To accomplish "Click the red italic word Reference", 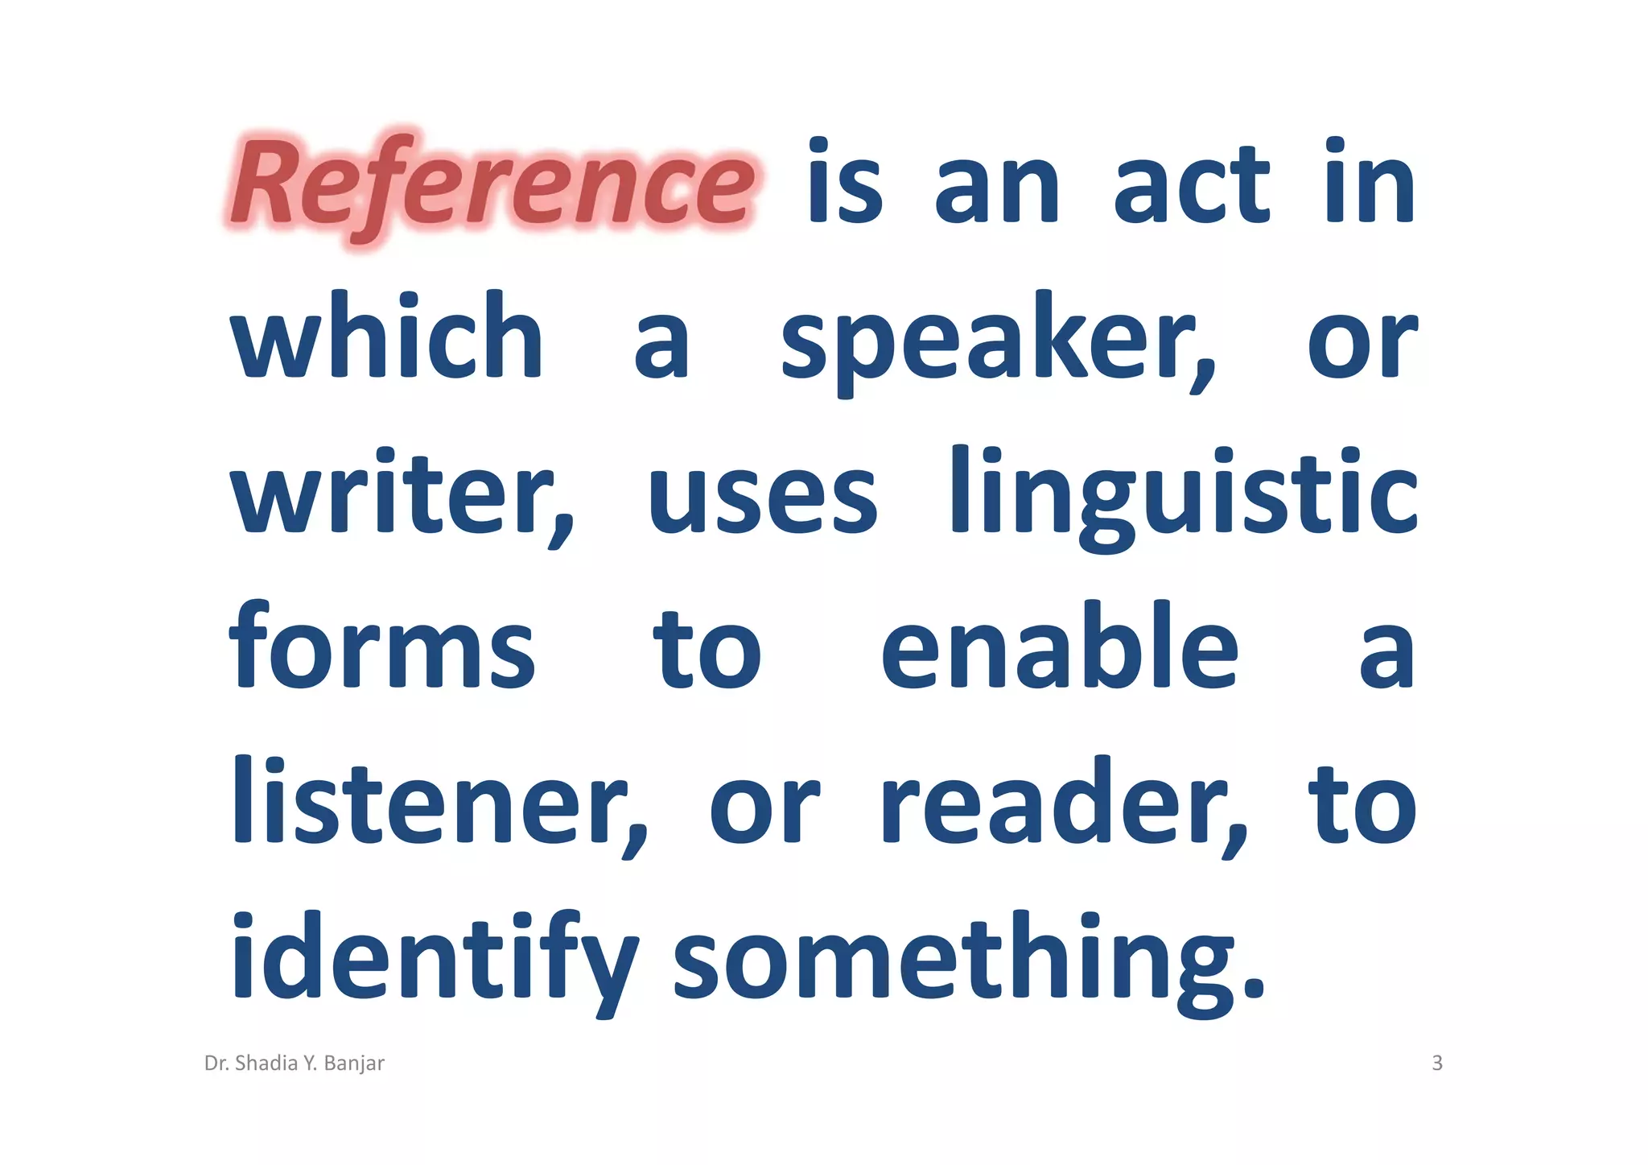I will [x=492, y=184].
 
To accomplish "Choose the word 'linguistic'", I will [x=1183, y=493].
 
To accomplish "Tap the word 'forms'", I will [x=381, y=648].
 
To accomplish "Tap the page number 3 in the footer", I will [x=1437, y=1064].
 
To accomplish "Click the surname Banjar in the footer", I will [x=354, y=1064].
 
